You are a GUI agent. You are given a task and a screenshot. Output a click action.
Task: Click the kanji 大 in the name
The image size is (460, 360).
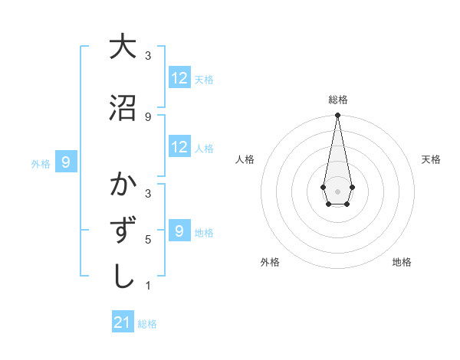point(122,47)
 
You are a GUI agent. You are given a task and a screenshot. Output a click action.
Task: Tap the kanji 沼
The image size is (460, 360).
point(122,108)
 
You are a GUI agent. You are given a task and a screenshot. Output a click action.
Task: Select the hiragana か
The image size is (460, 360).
point(122,185)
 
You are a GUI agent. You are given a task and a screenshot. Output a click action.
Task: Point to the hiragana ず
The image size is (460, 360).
point(122,231)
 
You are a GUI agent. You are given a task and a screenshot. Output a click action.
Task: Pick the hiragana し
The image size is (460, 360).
point(122,277)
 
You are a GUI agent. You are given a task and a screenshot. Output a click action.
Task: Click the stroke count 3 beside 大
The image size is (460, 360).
point(148,56)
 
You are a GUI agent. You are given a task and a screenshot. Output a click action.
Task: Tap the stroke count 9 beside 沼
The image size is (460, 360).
point(148,117)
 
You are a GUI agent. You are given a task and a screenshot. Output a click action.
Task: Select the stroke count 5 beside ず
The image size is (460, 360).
point(148,240)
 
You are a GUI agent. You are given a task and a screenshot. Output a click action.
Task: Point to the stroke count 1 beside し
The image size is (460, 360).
point(148,286)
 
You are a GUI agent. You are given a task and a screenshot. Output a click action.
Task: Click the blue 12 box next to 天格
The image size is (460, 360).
point(179,78)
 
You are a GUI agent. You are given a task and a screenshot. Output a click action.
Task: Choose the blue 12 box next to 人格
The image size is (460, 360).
point(179,147)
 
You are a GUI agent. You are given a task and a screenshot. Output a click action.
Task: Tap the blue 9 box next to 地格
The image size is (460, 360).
point(179,231)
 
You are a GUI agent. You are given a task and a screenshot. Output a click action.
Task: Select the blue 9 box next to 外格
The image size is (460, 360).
point(66,162)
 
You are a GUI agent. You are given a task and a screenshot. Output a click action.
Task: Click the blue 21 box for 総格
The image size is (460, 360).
point(123,322)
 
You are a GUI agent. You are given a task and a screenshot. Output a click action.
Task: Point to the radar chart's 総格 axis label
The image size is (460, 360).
point(337,100)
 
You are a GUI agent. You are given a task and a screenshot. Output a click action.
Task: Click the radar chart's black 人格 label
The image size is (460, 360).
point(245,159)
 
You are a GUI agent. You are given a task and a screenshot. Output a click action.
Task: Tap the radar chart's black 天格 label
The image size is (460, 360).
point(431,159)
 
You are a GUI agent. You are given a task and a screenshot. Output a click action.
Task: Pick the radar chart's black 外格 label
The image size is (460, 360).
point(270,262)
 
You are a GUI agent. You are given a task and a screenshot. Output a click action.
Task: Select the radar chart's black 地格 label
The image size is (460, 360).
point(402,262)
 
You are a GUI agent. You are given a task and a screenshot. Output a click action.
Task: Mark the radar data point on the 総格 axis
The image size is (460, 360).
point(337,116)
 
